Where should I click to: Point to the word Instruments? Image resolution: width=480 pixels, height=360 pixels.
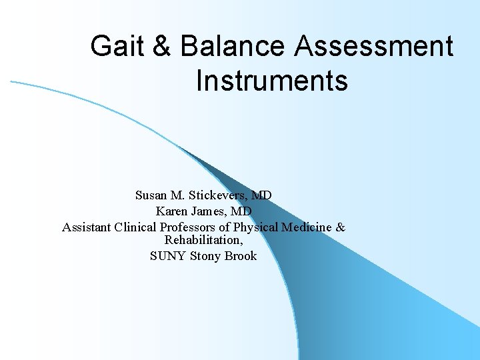[272, 81]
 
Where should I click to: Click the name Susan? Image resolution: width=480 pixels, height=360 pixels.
[151, 196]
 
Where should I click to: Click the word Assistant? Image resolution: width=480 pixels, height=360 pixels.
[87, 227]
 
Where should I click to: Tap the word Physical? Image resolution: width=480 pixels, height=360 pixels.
[256, 227]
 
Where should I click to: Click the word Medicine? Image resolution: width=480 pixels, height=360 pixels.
[307, 227]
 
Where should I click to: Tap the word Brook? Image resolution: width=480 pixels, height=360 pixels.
[241, 256]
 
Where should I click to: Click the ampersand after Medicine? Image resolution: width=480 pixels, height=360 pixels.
[341, 227]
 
